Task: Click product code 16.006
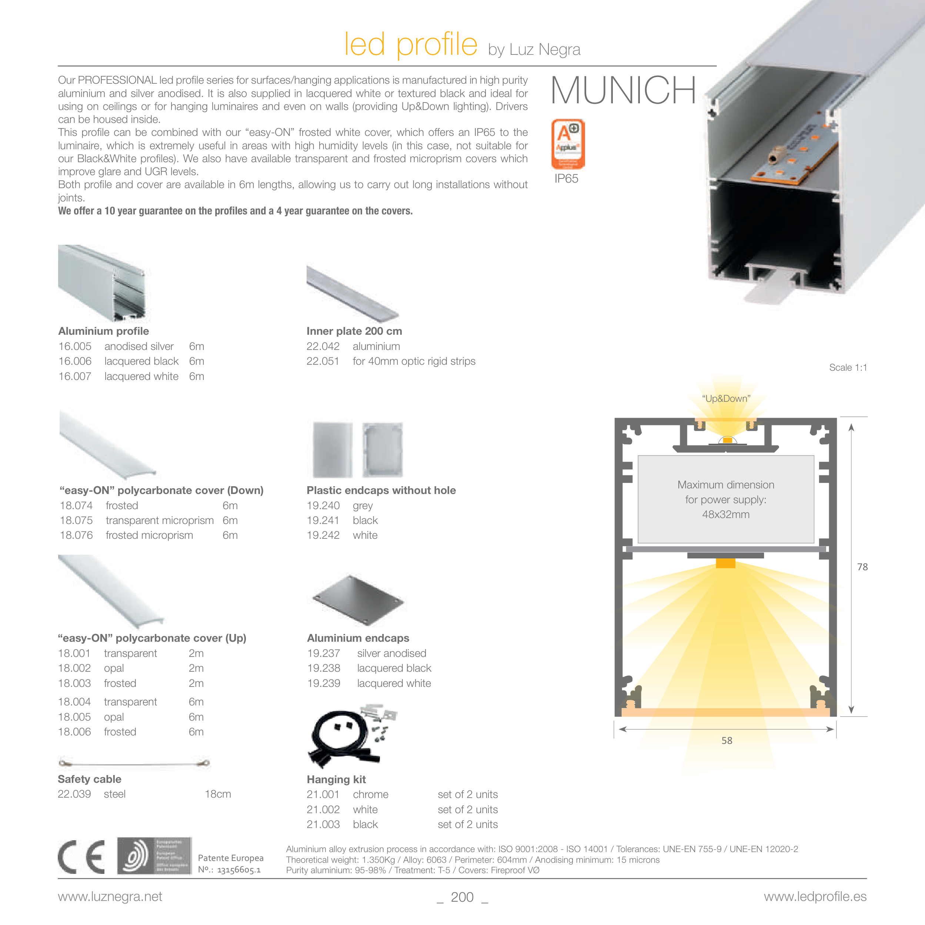click(x=75, y=361)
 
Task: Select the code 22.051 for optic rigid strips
click(x=323, y=361)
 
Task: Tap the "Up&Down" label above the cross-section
click(x=726, y=398)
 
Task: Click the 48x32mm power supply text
click(x=726, y=515)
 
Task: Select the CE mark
click(x=81, y=857)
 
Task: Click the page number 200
click(x=462, y=897)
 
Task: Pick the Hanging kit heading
click(x=336, y=779)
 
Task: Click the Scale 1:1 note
click(x=848, y=368)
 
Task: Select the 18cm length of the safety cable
click(x=218, y=794)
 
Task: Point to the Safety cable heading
click(x=90, y=779)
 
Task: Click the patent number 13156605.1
click(x=238, y=870)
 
